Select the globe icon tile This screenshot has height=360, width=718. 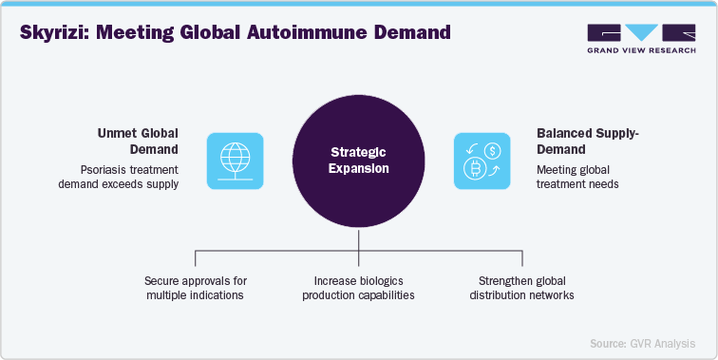pos(234,161)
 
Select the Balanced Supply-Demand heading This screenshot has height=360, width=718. pos(573,142)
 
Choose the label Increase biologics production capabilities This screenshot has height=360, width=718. pos(358,289)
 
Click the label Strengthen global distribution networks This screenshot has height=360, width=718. pos(521,289)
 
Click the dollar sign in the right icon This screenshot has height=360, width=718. pos(493,149)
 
